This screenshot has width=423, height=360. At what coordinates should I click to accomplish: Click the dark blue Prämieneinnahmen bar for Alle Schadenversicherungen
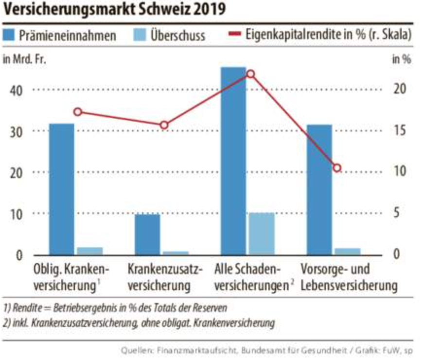click(233, 161)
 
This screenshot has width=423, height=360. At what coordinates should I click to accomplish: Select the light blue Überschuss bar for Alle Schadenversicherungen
click(262, 234)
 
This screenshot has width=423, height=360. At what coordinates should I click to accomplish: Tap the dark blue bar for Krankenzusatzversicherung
click(147, 234)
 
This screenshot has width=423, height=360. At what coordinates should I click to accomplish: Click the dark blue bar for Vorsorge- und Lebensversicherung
click(319, 189)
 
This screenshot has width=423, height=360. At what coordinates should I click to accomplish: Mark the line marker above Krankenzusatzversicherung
click(164, 125)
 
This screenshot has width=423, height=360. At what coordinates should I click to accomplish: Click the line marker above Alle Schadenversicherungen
click(250, 74)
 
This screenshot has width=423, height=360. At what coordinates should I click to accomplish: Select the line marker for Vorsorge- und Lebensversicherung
click(337, 168)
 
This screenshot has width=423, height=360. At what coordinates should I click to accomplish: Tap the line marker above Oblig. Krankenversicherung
click(78, 112)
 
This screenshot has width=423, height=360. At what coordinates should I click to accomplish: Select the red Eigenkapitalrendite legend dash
click(235, 35)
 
